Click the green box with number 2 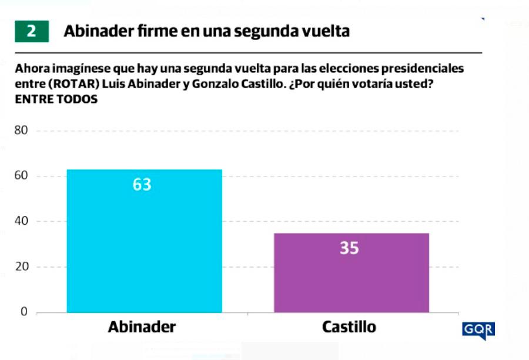click(x=31, y=31)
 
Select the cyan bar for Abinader click(x=144, y=247)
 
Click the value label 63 click(x=142, y=185)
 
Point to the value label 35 click(x=349, y=248)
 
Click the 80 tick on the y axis click(x=21, y=131)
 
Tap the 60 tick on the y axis click(x=21, y=176)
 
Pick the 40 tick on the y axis click(x=21, y=222)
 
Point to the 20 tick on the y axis click(x=21, y=267)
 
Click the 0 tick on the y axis click(x=25, y=312)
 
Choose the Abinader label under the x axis click(x=142, y=328)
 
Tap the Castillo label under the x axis click(x=349, y=328)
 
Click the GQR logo click(x=478, y=330)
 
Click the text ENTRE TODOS click(x=56, y=99)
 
